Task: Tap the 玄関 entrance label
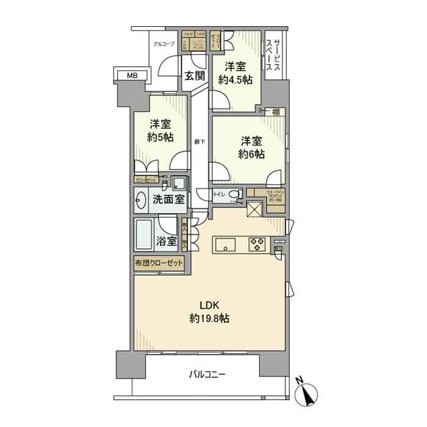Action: (x=195, y=76)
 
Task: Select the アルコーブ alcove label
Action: (x=163, y=44)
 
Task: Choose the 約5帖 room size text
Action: (x=160, y=137)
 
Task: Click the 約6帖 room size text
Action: (x=251, y=154)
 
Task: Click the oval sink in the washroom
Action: (x=142, y=200)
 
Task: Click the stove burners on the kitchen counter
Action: (x=256, y=245)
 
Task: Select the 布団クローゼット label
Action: (x=159, y=264)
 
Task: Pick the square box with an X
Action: (x=253, y=209)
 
